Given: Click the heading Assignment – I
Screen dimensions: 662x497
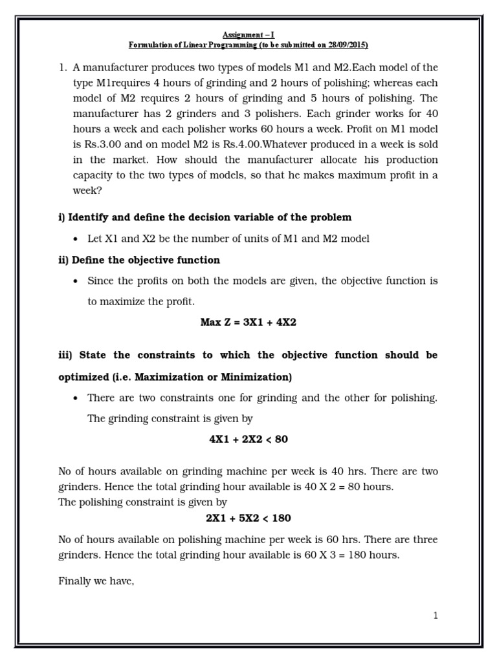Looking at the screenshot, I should (248, 35).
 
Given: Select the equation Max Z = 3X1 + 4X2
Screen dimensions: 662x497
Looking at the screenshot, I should (248, 322).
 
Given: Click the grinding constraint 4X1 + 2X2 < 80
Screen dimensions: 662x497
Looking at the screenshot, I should (248, 439).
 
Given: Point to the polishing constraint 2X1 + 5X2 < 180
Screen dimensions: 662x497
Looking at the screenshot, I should (248, 518).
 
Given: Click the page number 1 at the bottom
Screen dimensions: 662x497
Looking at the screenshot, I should (436, 615).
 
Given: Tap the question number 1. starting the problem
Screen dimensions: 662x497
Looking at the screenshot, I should (63, 68).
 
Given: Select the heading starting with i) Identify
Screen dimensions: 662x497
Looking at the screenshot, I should (205, 217).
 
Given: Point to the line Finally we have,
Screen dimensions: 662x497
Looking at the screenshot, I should (96, 581).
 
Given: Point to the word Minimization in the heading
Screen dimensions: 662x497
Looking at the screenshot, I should (256, 377).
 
